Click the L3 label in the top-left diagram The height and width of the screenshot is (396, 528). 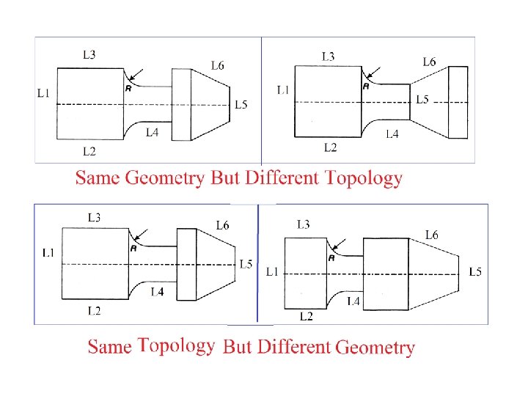89,54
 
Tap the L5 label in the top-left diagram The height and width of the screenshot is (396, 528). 241,105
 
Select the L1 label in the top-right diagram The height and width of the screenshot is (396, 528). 282,90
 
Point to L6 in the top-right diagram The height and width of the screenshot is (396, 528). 428,62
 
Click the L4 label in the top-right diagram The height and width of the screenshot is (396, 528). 392,134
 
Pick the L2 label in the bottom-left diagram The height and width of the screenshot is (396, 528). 94,311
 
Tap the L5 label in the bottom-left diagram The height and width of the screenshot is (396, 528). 246,264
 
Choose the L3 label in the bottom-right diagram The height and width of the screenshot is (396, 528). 304,224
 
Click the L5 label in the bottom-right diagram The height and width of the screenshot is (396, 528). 474,272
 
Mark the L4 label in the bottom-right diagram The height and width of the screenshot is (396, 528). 352,301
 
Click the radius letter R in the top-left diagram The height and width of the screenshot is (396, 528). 129,88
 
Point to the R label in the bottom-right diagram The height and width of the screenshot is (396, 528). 331,257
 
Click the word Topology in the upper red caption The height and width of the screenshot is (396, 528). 364,177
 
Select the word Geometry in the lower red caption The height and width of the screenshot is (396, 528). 375,347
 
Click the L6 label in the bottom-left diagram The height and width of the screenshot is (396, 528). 222,225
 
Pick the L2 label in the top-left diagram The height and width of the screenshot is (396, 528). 89,152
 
